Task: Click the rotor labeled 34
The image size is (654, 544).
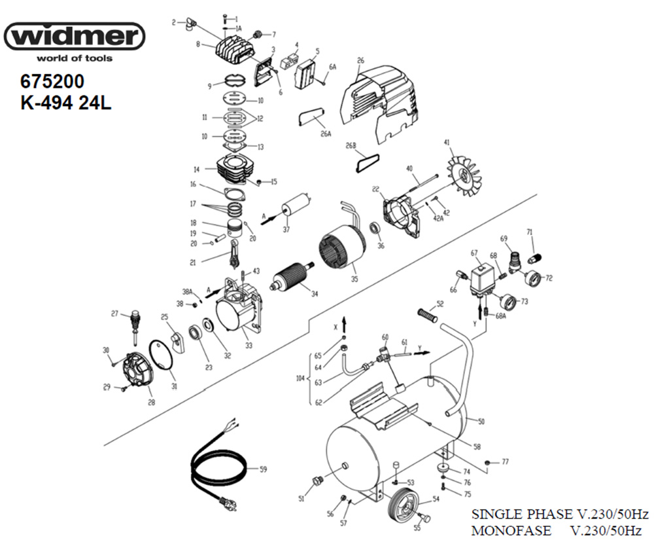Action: (x=292, y=279)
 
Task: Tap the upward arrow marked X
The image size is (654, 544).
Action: (x=344, y=321)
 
